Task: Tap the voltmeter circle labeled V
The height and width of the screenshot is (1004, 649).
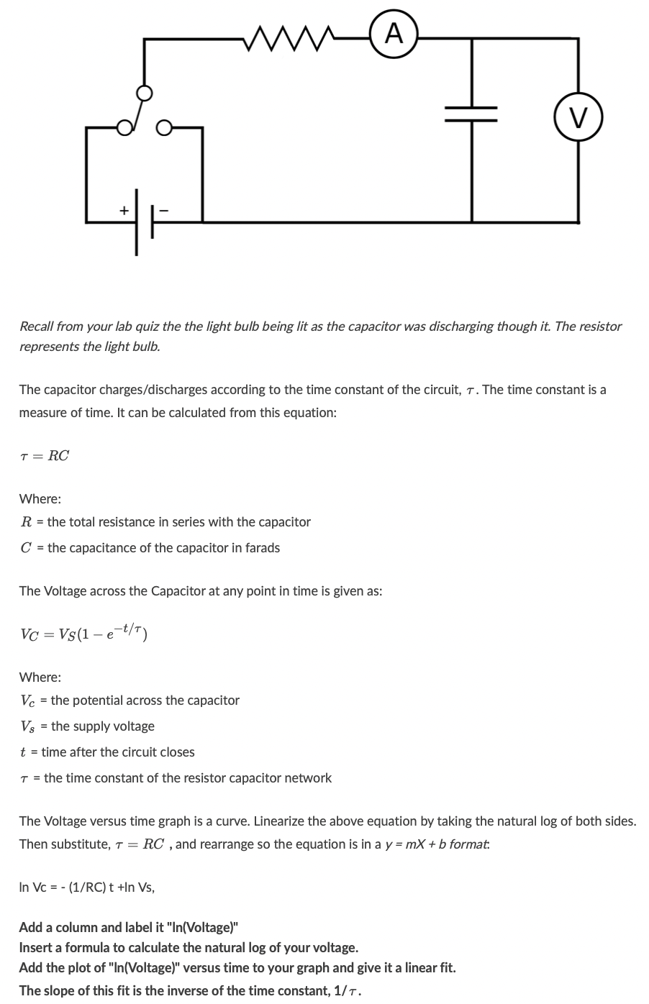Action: pos(578,116)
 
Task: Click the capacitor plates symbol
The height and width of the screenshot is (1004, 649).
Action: pos(471,114)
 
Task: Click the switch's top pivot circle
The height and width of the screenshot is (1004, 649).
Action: pos(145,93)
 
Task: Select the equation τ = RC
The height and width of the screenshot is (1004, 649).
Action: pos(45,455)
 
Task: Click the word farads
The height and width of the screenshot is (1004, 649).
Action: pos(263,547)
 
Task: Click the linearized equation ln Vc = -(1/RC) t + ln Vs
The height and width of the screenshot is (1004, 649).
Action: pos(86,887)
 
